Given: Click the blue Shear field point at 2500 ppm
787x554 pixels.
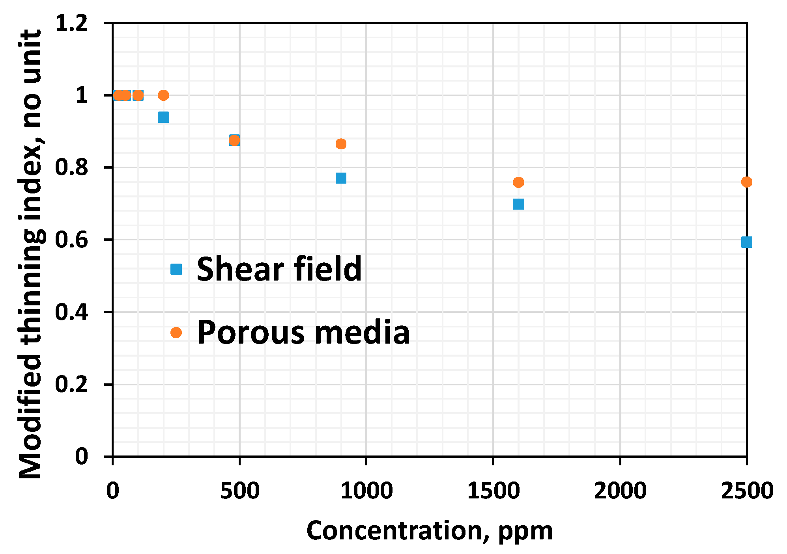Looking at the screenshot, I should point(746,242).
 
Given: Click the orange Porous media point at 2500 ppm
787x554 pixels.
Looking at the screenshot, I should point(746,182).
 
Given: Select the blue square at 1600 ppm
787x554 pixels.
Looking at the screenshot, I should point(518,204).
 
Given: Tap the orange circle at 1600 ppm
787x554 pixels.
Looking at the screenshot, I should point(518,182).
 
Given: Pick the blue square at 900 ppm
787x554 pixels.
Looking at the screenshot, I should point(341,178).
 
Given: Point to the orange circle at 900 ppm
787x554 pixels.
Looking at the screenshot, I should point(341,144).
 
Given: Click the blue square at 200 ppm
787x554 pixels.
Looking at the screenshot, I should point(163,117).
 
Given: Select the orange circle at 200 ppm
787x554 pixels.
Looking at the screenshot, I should point(163,95).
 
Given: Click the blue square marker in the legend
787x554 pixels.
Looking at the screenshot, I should point(176,269).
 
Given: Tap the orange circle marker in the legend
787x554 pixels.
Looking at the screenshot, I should point(176,333).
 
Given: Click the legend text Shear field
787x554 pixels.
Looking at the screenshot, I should point(279,269).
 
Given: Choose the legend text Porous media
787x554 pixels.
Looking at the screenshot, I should point(303,333).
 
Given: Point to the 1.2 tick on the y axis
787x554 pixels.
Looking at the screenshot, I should point(71,23).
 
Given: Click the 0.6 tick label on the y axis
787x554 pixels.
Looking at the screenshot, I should point(71,240).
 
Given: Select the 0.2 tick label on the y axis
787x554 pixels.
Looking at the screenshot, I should point(71,384).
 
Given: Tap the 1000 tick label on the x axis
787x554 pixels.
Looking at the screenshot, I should point(366,491).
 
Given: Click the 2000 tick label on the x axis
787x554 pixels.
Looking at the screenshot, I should point(620,491).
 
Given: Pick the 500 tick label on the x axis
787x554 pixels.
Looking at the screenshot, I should point(239,491).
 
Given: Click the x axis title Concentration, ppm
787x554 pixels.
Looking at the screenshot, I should point(429,530).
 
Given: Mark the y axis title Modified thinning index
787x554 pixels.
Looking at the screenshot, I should point(31,254).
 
